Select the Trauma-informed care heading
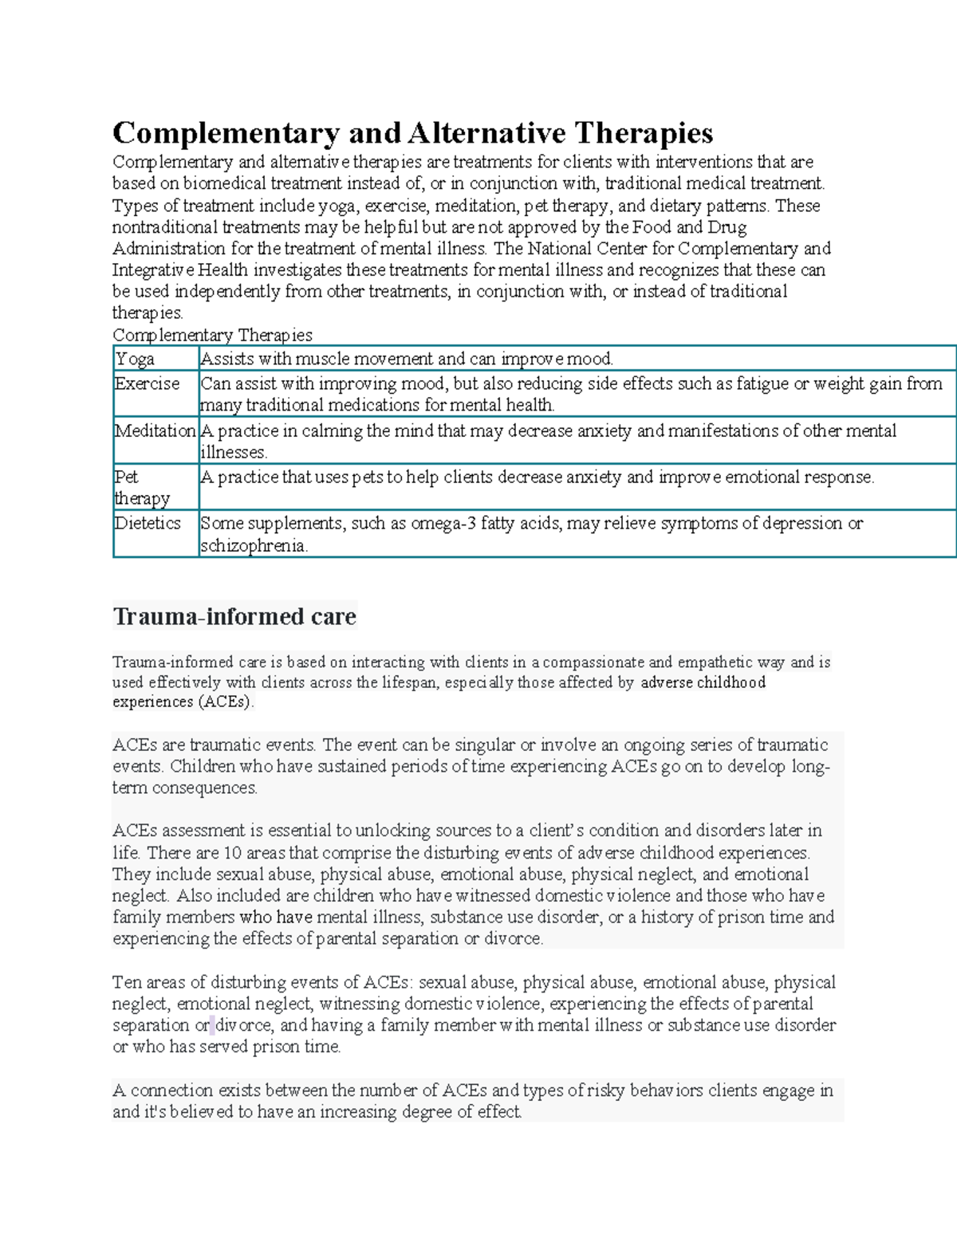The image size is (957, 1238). (x=234, y=616)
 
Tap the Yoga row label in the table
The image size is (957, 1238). (x=135, y=359)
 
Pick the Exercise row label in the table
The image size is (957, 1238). (x=148, y=383)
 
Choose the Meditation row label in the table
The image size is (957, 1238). (x=155, y=430)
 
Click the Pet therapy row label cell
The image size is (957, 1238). (x=142, y=487)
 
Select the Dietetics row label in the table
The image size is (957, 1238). (x=148, y=523)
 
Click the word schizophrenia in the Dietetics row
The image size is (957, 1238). (x=253, y=545)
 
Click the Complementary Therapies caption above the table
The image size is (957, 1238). (x=212, y=335)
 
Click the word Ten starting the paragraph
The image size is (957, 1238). (x=128, y=982)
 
